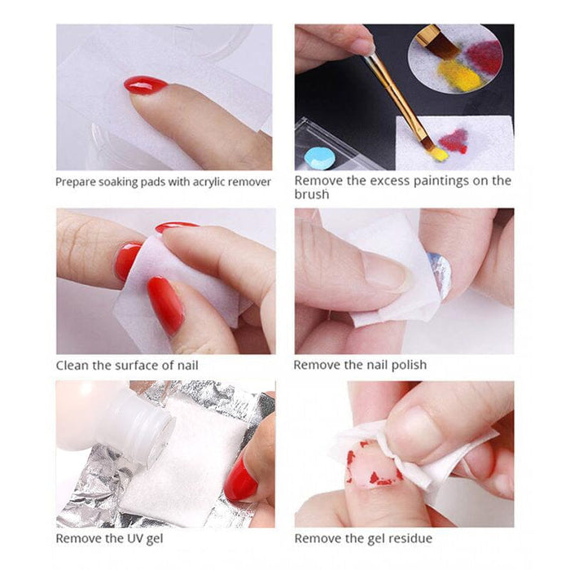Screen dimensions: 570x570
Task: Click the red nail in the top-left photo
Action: [146, 85]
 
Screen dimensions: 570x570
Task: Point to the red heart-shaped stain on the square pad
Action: [454, 140]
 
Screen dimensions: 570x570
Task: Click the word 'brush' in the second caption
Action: [312, 195]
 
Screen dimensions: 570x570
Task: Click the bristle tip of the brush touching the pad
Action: [437, 151]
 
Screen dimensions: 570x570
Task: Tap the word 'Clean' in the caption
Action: [72, 365]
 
